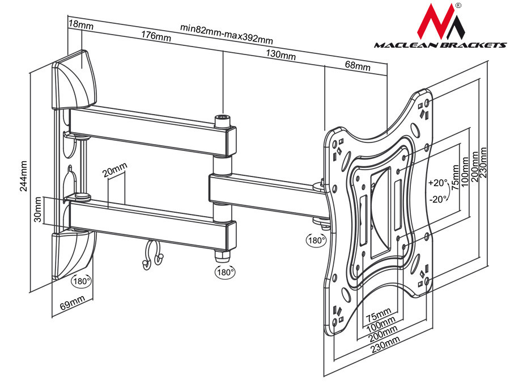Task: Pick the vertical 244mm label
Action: click(23, 176)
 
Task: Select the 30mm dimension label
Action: click(37, 209)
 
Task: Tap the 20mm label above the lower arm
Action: click(116, 170)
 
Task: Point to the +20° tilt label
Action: click(437, 183)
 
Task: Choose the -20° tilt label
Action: click(437, 199)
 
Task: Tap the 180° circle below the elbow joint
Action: click(224, 272)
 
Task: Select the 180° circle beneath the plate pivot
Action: click(316, 239)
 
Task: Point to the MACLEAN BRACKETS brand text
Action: click(439, 45)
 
